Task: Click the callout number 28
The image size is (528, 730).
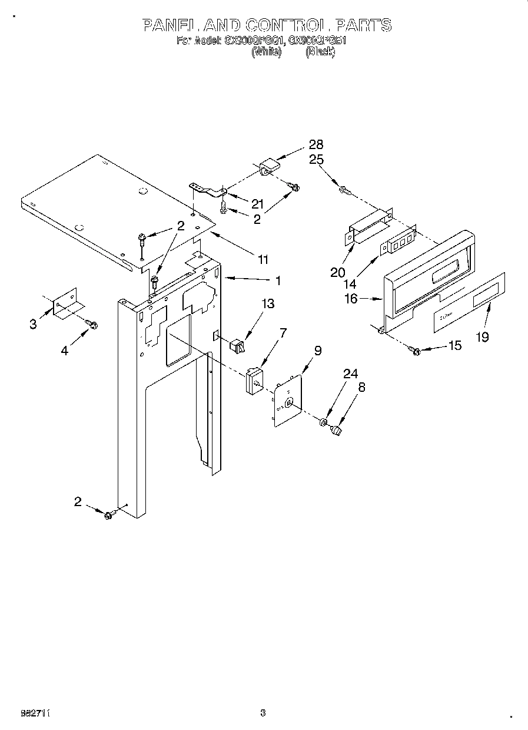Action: (316, 145)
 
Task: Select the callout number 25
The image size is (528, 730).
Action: (316, 160)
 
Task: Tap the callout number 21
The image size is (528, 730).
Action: (257, 204)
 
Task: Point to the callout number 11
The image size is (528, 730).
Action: (263, 259)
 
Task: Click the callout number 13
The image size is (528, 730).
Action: (268, 304)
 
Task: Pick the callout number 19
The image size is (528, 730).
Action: (483, 338)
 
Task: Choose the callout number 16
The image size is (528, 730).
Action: (350, 299)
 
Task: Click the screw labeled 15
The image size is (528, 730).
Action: (415, 352)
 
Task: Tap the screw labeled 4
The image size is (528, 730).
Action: (91, 323)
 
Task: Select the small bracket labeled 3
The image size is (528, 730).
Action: (66, 305)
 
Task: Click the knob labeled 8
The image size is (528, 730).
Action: (337, 432)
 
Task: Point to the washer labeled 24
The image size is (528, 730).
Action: (323, 422)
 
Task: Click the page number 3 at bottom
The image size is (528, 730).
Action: (263, 712)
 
